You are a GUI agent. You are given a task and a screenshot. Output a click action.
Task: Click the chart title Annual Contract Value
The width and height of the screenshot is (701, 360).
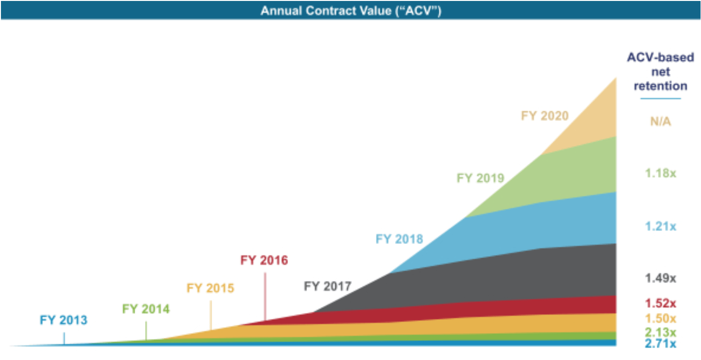350,10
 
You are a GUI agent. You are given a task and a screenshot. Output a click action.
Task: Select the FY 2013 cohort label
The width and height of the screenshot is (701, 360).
63,320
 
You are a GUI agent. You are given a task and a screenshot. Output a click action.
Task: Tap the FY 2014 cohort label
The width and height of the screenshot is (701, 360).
146,309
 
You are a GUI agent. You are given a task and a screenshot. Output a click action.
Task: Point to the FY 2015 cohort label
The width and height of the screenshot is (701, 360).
210,288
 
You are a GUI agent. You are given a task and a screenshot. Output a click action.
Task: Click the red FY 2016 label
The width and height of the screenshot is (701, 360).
264,260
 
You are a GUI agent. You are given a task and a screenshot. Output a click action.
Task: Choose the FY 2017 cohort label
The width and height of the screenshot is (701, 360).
327,286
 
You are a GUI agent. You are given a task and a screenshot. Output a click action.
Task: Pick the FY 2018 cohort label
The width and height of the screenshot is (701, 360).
399,239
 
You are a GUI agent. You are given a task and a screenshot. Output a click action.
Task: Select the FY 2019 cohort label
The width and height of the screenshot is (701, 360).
480,178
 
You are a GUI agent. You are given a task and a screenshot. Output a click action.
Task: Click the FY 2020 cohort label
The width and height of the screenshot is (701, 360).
545,116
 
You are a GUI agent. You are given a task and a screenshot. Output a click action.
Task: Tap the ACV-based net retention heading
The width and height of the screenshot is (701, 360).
660,72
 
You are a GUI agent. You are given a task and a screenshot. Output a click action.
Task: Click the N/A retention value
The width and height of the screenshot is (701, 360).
660,121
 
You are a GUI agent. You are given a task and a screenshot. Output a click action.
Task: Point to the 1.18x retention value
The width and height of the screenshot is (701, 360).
660,173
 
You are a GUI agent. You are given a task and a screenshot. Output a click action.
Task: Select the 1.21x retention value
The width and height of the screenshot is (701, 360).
660,226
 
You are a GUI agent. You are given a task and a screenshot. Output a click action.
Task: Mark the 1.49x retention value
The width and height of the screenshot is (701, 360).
660,278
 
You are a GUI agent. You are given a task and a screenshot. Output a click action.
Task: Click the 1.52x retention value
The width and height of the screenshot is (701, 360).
660,303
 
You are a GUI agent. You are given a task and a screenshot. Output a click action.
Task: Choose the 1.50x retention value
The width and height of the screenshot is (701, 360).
660,318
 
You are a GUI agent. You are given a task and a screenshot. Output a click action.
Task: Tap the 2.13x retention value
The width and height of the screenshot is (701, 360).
660,332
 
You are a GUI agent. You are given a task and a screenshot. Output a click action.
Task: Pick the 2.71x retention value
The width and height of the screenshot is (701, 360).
660,343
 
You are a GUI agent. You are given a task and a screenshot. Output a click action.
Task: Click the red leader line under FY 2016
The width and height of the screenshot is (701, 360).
265,296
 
